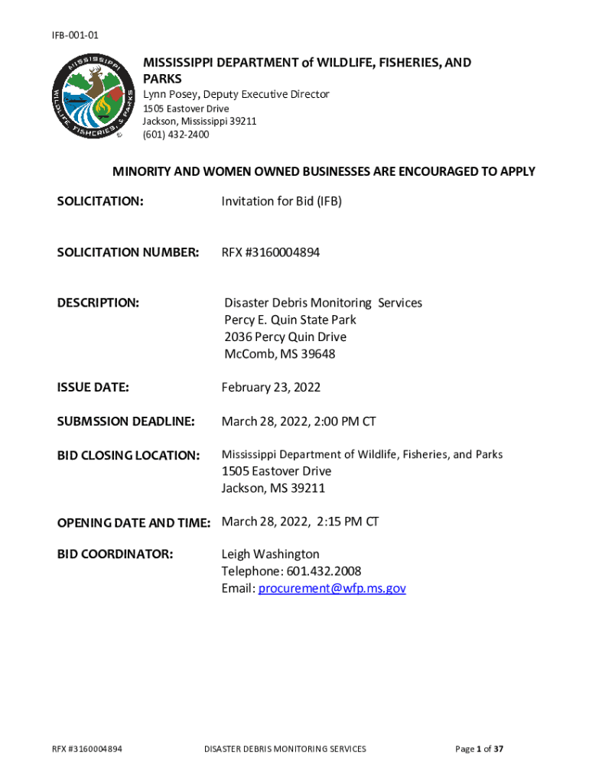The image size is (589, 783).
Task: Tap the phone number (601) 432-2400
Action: pos(176,135)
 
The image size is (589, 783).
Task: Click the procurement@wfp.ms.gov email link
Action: pos(332,588)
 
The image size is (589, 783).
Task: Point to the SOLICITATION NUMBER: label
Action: pos(129,252)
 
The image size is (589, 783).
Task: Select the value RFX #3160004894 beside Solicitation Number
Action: pos(271,252)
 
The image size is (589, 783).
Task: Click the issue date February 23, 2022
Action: pos(271,388)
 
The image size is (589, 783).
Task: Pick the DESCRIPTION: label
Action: pos(98,304)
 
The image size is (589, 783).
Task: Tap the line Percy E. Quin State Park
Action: pos(290,320)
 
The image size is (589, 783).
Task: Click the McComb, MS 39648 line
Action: pos(279,354)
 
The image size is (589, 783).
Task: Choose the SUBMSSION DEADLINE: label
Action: pos(126,421)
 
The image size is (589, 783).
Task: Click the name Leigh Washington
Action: pos(270,554)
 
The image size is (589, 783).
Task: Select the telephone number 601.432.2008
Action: pos(324,571)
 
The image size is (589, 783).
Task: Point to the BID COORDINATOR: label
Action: pos(116,554)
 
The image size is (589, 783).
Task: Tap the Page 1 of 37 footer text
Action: pos(479,749)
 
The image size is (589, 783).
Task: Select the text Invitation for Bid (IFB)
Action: pos(281,201)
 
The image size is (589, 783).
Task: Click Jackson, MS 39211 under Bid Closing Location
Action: pos(273,488)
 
